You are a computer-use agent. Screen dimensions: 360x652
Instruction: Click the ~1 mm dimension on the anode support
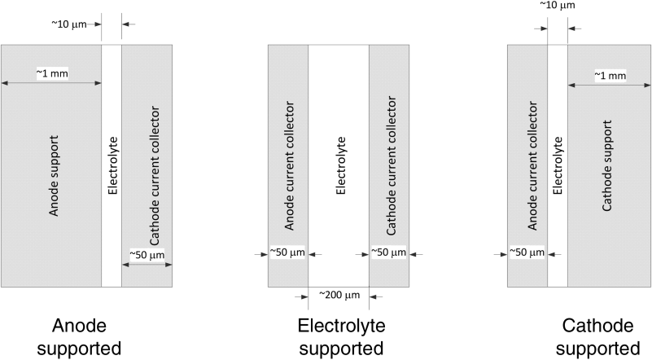51,73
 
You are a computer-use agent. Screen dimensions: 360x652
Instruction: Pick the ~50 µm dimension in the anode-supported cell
147,255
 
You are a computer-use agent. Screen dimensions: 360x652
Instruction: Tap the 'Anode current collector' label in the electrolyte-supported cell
289,170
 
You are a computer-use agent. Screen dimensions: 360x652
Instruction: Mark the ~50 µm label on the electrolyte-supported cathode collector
389,253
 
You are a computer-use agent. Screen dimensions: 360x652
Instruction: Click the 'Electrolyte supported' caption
339,338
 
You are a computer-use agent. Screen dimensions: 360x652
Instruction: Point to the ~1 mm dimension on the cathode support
610,75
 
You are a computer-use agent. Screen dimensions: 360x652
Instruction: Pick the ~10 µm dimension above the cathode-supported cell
558,6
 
